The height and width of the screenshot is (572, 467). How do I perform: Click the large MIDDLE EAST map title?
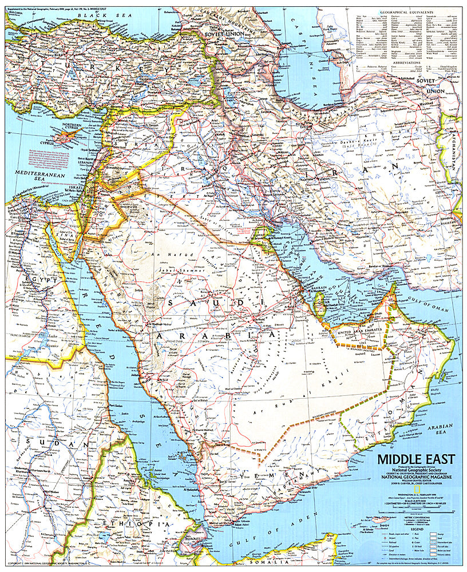(415, 459)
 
